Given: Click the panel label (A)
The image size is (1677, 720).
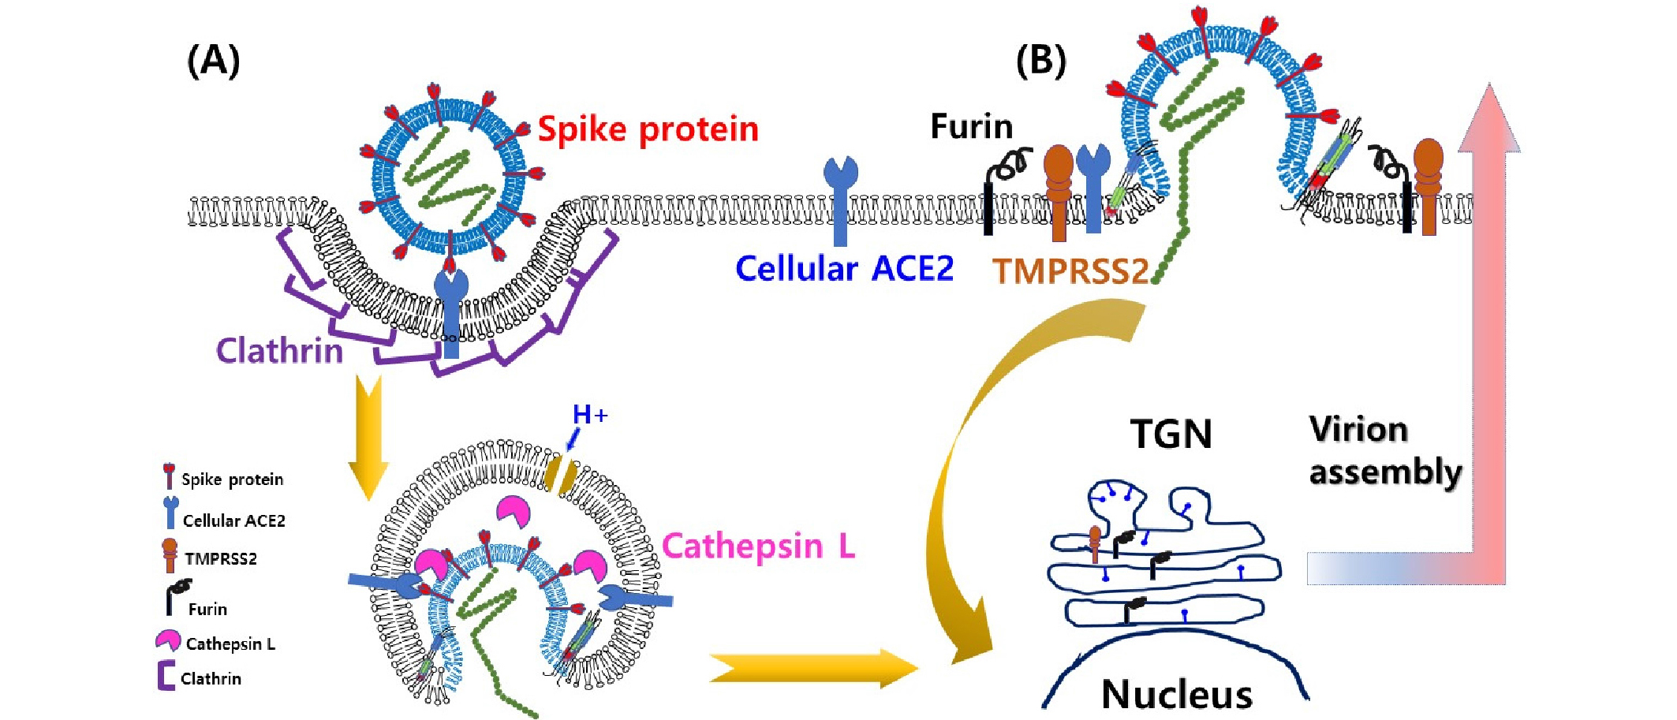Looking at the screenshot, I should [213, 61].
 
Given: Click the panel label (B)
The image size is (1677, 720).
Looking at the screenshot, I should [1040, 61].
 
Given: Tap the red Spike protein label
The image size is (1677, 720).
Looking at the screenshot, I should [648, 129].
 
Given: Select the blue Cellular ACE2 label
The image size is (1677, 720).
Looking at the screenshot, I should [844, 269].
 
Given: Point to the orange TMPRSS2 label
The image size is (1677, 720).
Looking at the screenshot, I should [1070, 271].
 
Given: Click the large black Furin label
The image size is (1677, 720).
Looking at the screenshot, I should [971, 126].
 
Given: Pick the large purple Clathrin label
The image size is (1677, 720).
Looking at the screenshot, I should [280, 351].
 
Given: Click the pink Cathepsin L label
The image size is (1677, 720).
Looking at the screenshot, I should [758, 546].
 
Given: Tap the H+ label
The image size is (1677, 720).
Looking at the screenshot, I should [589, 414].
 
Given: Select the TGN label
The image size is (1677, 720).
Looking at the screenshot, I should [1171, 434].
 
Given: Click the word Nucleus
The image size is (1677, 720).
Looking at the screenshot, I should [1177, 695].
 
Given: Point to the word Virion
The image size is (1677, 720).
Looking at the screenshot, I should [1358, 430].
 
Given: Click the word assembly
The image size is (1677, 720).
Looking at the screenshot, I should [1385, 472].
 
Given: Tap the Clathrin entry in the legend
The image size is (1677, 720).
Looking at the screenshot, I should [211, 679].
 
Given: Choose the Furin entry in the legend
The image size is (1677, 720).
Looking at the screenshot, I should [207, 609].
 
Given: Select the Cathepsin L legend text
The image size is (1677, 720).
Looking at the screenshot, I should [230, 644].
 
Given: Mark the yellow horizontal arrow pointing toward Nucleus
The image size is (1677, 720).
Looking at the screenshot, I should [812, 668].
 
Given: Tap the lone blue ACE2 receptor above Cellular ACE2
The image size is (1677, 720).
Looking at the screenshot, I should [840, 197].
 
